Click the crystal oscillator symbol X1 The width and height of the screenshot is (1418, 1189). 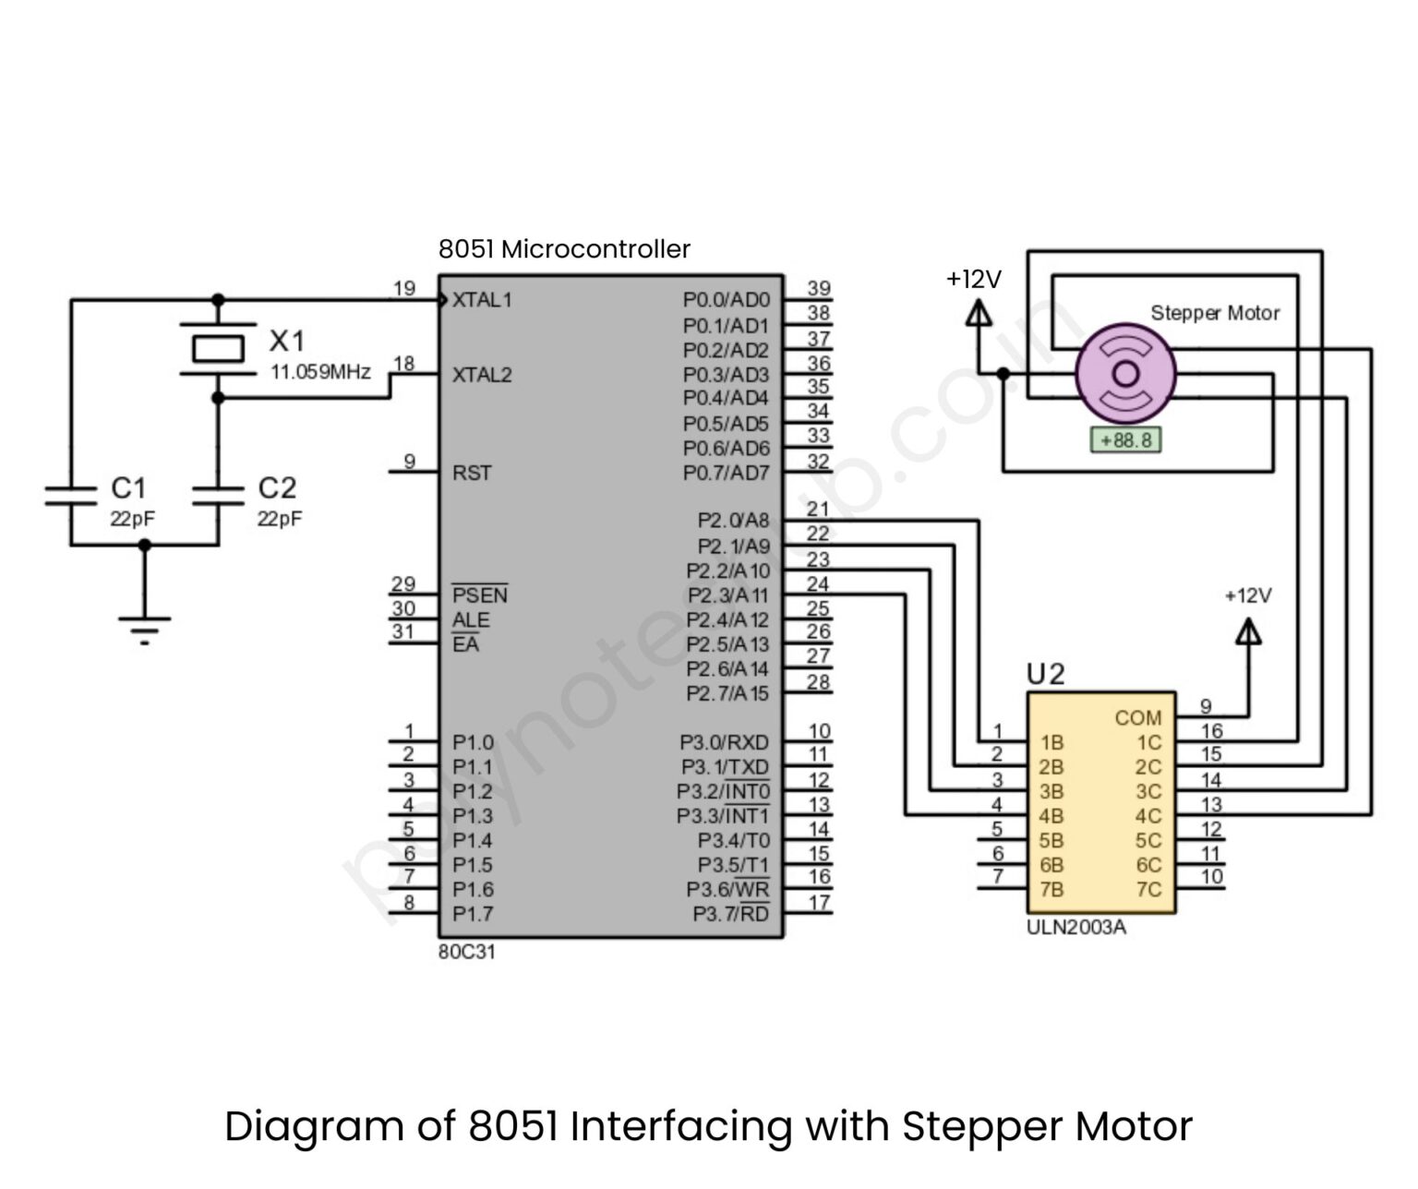[x=218, y=349]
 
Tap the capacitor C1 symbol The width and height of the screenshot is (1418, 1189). [x=71, y=496]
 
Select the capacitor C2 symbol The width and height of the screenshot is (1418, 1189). [x=218, y=496]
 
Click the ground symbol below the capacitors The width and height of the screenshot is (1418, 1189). [x=144, y=628]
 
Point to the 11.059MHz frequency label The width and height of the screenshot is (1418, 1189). [x=319, y=372]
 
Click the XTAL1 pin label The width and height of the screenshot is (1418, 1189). [x=481, y=300]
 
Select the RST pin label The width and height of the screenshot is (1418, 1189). [x=472, y=473]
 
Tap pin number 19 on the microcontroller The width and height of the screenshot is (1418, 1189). [x=404, y=289]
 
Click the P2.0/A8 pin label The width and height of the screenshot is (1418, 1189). [x=733, y=521]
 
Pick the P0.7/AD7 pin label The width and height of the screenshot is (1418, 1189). [x=726, y=473]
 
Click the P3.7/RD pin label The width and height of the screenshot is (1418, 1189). [x=730, y=914]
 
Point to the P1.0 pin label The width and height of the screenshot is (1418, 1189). [x=473, y=742]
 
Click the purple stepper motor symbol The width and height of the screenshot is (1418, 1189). [x=1125, y=373]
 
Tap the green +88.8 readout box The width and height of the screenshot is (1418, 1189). [x=1125, y=440]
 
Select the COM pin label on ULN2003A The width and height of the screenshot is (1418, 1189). [x=1137, y=717]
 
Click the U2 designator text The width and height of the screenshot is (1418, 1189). [x=1045, y=675]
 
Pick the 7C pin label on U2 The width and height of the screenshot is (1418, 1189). [x=1148, y=890]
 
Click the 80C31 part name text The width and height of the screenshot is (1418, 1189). [x=466, y=952]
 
